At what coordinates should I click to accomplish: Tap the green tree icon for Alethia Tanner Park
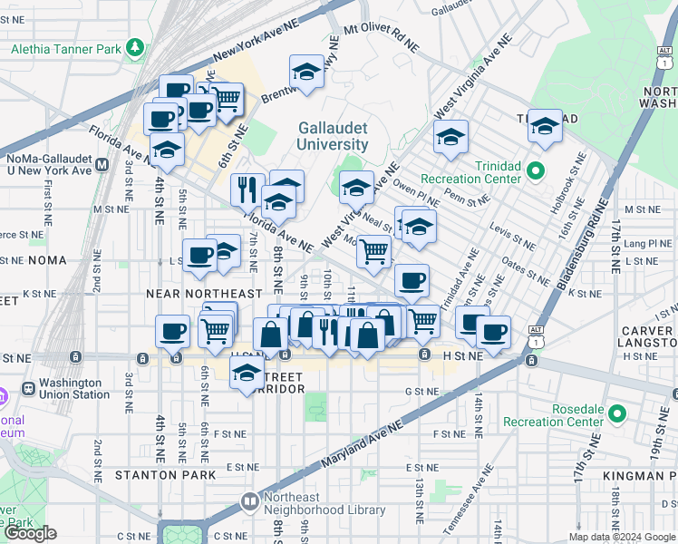tap(135, 45)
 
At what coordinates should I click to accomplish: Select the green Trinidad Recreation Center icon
tap(535, 170)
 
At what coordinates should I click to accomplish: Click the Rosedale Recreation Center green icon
tap(618, 414)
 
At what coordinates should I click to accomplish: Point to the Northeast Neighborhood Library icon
tap(249, 500)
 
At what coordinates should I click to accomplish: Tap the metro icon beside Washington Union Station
tap(28, 387)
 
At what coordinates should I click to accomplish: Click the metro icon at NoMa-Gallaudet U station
tap(102, 164)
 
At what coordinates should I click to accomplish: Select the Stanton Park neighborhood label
tap(165, 474)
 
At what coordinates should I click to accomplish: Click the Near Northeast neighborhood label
tap(205, 294)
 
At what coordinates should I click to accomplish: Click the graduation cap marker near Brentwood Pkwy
tap(307, 72)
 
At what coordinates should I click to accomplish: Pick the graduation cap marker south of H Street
tap(247, 371)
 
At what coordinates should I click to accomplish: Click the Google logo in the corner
tap(30, 533)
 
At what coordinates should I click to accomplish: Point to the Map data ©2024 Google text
tap(621, 537)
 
